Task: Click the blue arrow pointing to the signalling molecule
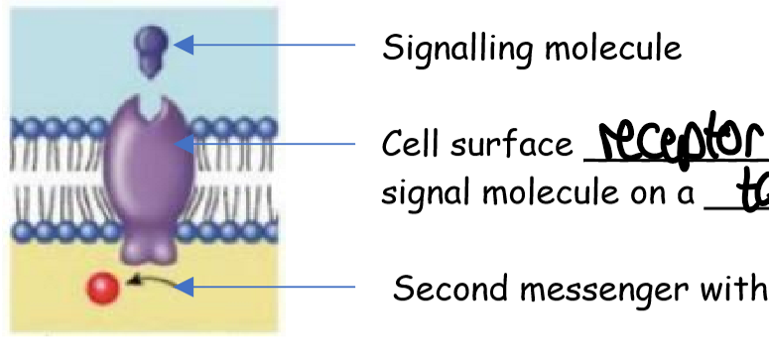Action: click(268, 45)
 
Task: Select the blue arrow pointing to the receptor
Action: click(268, 146)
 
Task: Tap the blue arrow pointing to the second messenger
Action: click(268, 288)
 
